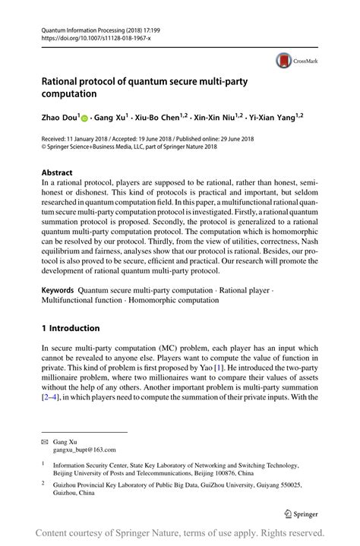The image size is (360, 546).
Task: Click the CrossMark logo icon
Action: pos(284,59)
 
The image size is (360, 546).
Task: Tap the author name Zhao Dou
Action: pos(71,118)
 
